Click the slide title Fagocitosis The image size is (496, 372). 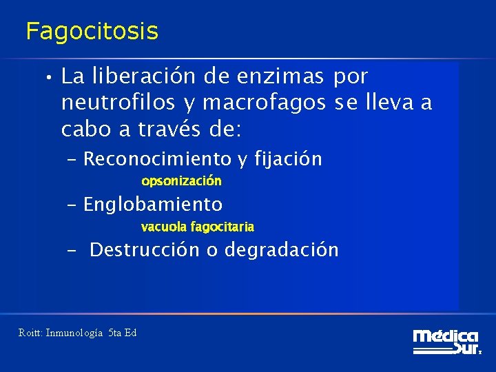(92, 31)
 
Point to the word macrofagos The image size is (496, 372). (262, 103)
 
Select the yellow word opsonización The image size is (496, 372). (181, 181)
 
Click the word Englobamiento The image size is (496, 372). (152, 205)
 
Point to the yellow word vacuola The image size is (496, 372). (163, 227)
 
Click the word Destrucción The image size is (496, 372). (145, 249)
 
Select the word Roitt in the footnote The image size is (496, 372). (30, 333)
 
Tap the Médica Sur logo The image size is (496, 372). (446, 342)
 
